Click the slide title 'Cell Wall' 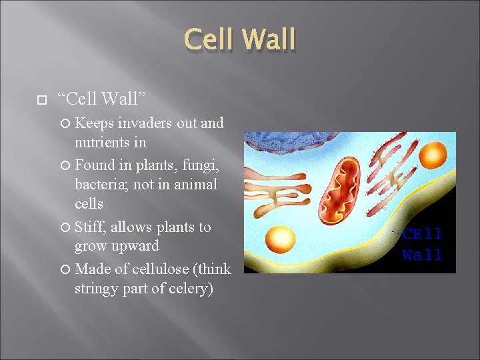(x=239, y=39)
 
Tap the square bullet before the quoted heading (x=41, y=99)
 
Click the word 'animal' (x=194, y=184)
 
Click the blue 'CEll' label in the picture (x=421, y=235)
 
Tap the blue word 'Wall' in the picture (x=422, y=255)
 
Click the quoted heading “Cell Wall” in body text (x=102, y=99)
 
